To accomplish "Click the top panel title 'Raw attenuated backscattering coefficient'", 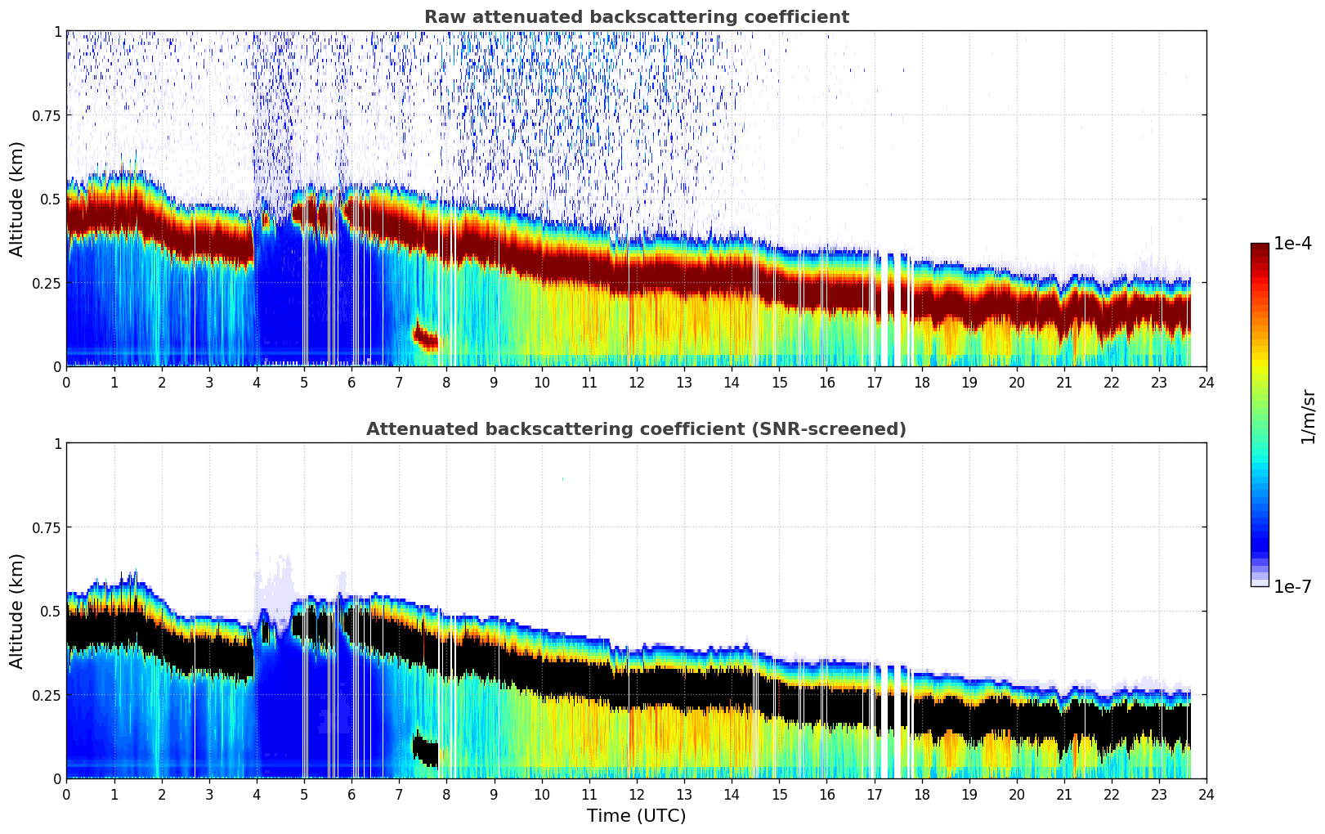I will (636, 17).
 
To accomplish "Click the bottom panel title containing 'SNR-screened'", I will (636, 429).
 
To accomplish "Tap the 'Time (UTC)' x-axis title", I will (636, 815).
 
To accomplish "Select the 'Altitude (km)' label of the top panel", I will (16, 199).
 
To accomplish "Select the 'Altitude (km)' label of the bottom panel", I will (16, 611).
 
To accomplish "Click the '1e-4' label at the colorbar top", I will (1292, 244).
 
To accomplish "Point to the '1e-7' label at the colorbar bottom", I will (1292, 586).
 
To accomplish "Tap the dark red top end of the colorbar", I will (1259, 247).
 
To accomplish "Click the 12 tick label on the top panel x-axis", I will (637, 382).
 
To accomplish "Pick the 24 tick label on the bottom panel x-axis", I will (1206, 794).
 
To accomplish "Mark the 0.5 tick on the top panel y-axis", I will (50, 199).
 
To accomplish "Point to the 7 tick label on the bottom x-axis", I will (399, 794).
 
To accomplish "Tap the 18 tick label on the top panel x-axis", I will (921, 382).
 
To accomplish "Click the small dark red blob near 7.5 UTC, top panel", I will (425, 337).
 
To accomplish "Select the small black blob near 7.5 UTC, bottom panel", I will (425, 749).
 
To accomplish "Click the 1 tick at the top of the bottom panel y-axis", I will (57, 443).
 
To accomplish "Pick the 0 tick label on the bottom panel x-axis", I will (67, 794).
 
